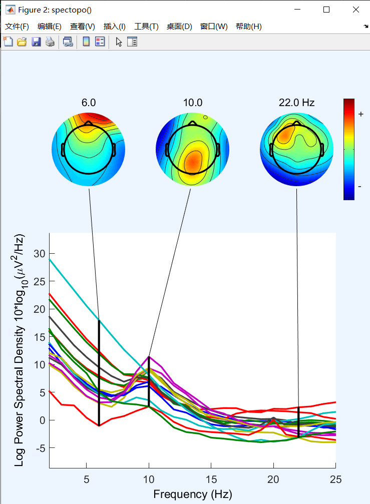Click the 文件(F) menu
tap(17, 27)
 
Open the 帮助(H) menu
tap(248, 27)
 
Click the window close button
tap(355, 10)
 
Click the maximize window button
tap(326, 10)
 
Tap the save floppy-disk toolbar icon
tap(36, 42)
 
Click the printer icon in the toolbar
tap(50, 42)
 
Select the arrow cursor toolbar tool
tap(119, 42)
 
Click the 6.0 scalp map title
tap(89, 103)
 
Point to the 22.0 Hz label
tap(296, 103)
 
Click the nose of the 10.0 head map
tap(192, 123)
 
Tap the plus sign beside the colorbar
tap(360, 114)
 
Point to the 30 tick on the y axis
tap(40, 254)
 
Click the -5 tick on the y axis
tap(40, 448)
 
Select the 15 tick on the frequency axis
tap(211, 479)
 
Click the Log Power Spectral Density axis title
tap(20, 350)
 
